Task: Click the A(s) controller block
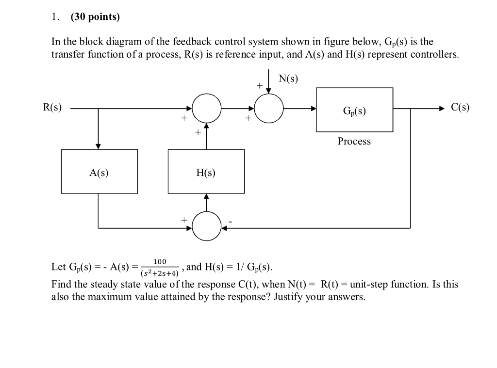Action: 99,172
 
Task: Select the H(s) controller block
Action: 206,172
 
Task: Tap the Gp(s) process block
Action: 354,110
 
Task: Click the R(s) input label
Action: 52,108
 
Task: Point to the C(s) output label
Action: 460,108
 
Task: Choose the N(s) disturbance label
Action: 289,79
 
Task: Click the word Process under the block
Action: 354,141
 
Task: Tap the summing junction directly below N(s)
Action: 269,109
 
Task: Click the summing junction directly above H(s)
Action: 207,109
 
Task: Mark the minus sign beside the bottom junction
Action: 231,223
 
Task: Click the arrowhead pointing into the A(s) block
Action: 99,146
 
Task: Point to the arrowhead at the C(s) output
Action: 441,109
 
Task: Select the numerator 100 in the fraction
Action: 160,261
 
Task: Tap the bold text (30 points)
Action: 95,17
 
